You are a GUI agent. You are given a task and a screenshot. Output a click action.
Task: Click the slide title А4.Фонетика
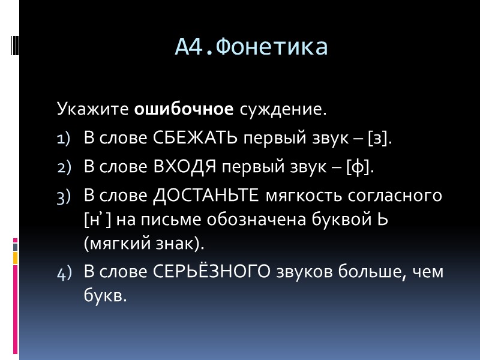pos(251,47)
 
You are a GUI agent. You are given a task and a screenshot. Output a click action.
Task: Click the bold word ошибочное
pos(184,110)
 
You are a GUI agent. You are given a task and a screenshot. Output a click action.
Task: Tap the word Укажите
pos(92,110)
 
